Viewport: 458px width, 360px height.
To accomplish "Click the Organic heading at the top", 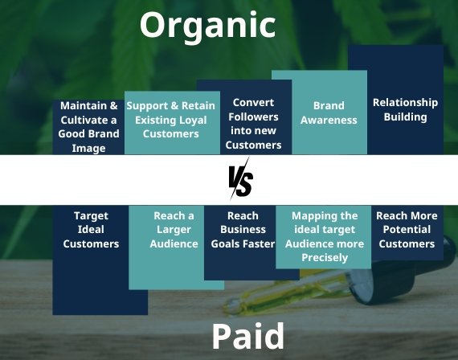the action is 207,26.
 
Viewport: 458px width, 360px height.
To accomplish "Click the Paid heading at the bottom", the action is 247,336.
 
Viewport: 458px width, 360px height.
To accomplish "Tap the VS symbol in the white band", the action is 240,179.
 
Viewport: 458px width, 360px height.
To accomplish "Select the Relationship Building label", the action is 405,109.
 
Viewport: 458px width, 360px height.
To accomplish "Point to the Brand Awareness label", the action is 329,112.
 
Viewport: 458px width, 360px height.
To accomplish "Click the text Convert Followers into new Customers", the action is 253,124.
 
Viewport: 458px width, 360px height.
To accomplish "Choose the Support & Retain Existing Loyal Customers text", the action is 171,120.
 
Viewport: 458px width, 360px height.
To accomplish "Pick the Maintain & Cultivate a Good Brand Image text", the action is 88,127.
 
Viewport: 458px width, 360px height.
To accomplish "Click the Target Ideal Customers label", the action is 91,230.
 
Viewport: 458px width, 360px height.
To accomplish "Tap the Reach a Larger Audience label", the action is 174,230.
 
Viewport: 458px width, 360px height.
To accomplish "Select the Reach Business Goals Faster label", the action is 243,230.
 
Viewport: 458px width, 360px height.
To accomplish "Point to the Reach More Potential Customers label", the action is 407,230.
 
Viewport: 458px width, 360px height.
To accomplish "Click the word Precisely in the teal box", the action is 325,257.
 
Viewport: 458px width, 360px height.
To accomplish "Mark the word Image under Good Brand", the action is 88,148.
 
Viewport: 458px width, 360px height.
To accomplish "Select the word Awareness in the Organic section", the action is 329,120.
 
